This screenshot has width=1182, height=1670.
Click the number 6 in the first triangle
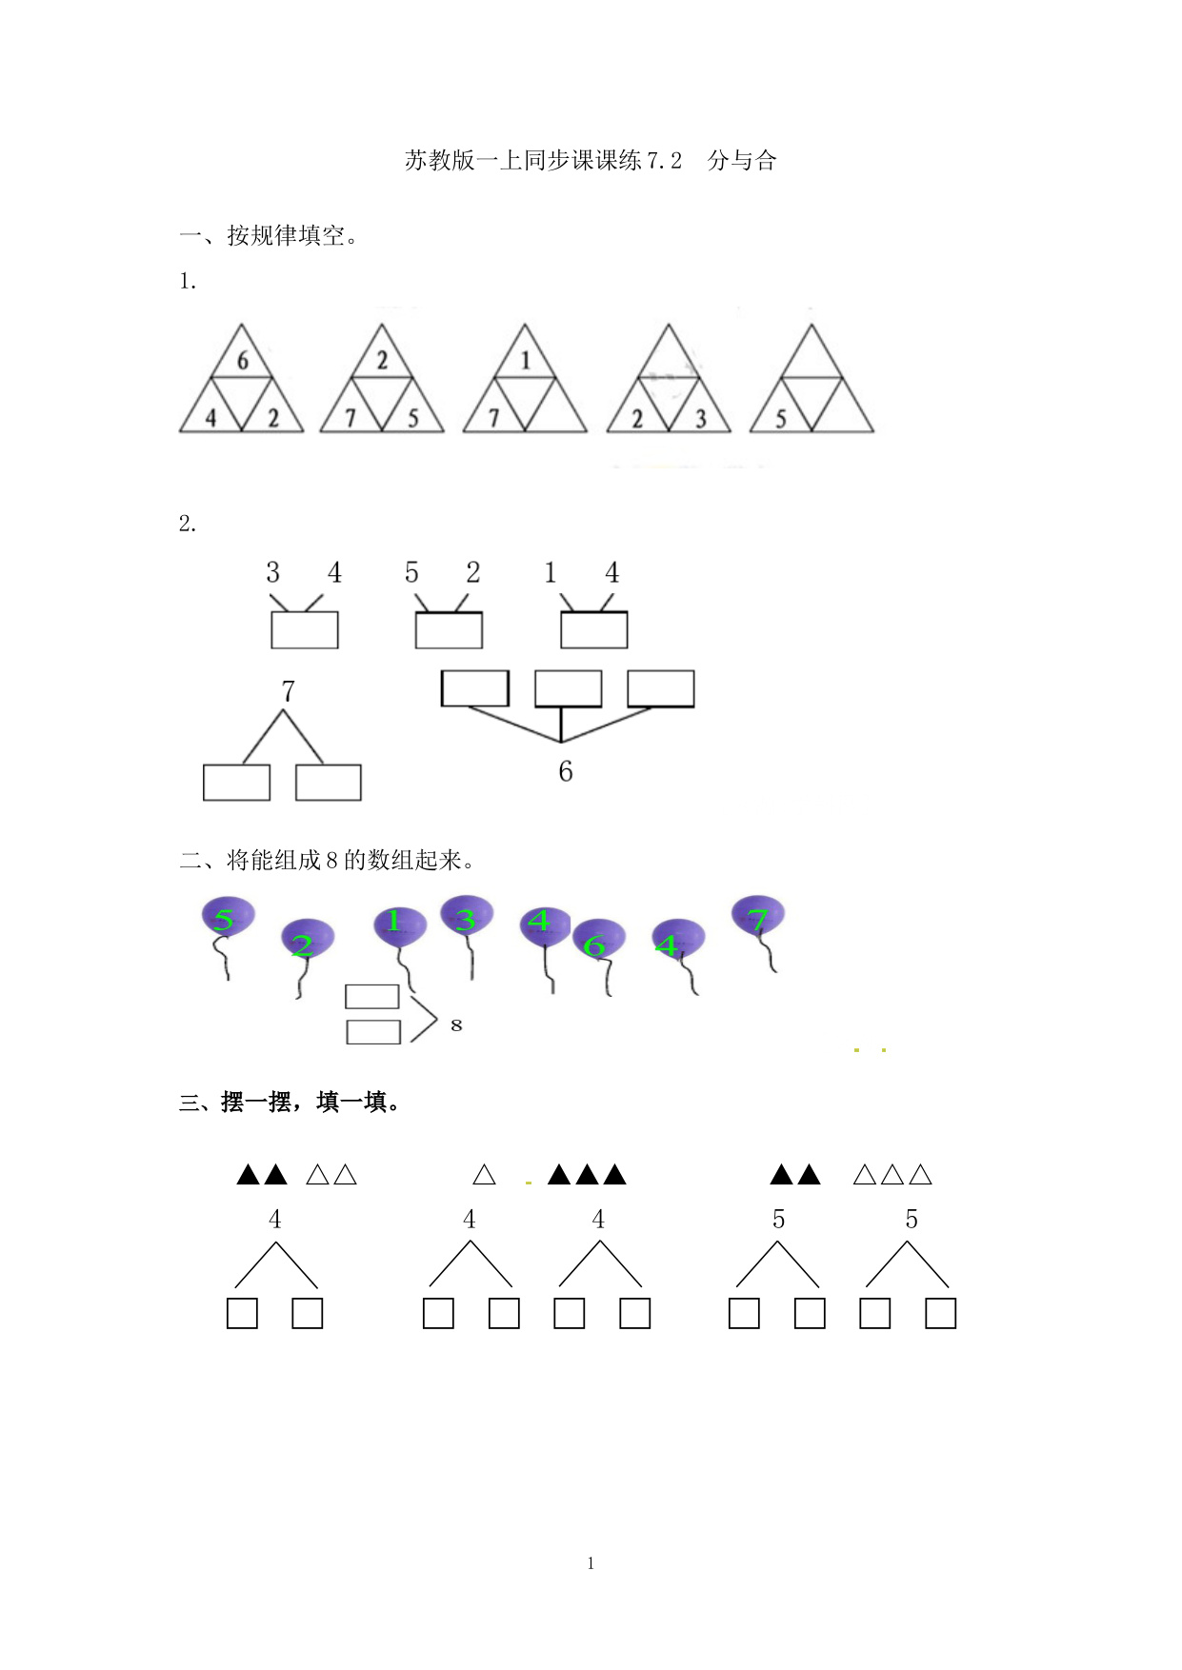[x=242, y=361]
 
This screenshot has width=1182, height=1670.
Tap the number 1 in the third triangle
[x=525, y=360]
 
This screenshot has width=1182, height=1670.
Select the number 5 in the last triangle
[x=780, y=419]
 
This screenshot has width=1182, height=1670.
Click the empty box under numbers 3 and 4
[x=305, y=630]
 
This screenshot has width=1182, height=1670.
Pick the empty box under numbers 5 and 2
[x=449, y=630]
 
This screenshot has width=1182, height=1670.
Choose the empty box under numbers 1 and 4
[x=593, y=630]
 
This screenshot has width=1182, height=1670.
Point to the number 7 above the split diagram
[x=288, y=691]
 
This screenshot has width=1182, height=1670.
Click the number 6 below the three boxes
[x=566, y=771]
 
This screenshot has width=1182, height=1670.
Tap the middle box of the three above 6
[x=568, y=688]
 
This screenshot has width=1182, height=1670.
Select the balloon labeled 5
[x=227, y=918]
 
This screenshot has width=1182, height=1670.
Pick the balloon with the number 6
[x=598, y=942]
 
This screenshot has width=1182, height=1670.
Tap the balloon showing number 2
[x=307, y=941]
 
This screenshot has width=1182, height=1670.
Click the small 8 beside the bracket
[x=456, y=1025]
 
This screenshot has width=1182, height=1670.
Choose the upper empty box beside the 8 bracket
[x=371, y=997]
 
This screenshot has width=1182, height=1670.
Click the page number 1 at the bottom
[x=591, y=1562]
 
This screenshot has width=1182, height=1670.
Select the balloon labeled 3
[x=467, y=917]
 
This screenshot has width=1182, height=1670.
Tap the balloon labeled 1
[x=399, y=922]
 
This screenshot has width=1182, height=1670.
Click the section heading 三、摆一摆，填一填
[x=291, y=1103]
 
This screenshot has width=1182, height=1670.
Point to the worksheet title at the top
[x=591, y=161]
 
